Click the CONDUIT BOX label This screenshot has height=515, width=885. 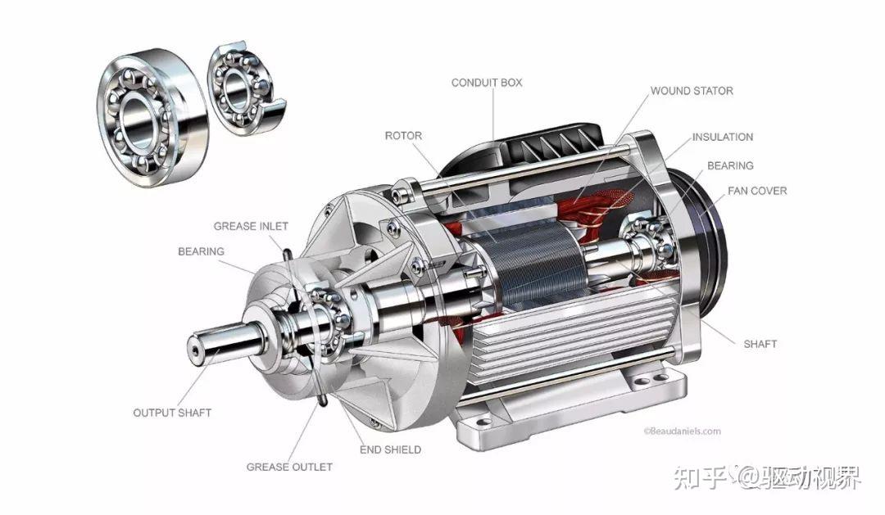click(487, 83)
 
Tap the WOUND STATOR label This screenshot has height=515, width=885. click(692, 91)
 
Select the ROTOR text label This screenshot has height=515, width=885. click(403, 136)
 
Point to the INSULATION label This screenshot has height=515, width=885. click(723, 137)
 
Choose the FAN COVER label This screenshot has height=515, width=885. click(757, 192)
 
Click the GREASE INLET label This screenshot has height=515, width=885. click(251, 226)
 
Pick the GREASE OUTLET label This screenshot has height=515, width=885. click(289, 467)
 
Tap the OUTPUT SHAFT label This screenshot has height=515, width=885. click(172, 413)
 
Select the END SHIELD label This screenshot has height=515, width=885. click(390, 449)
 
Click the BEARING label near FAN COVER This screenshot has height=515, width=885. click(730, 166)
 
